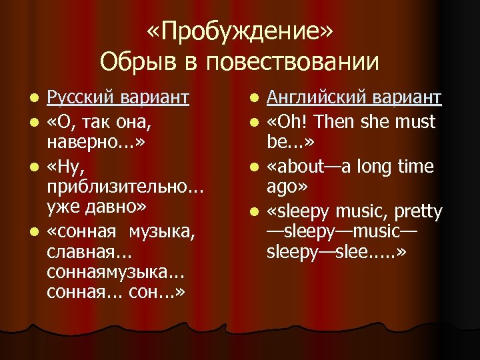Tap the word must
[x=414, y=121]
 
